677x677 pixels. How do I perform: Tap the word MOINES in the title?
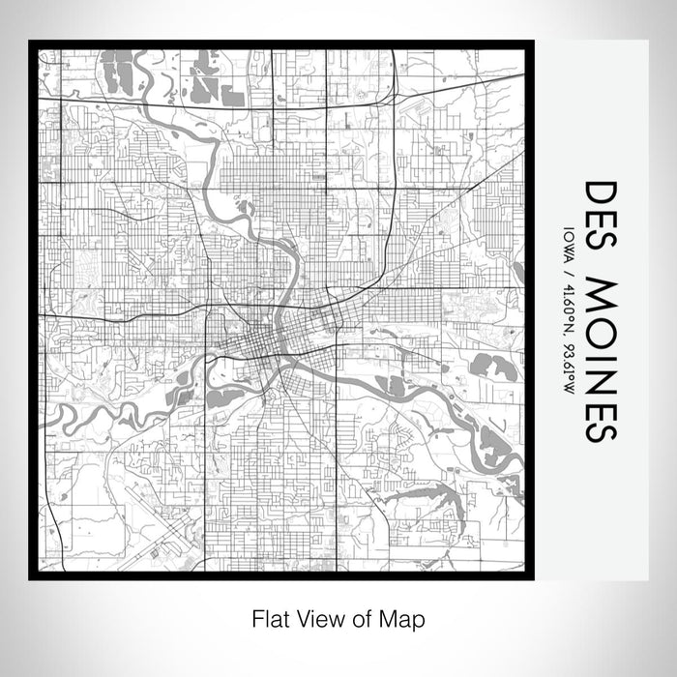[x=600, y=360]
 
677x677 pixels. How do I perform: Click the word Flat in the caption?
[x=269, y=617]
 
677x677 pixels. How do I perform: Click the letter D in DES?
[x=600, y=191]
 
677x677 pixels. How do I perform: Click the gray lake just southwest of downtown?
[x=224, y=396]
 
